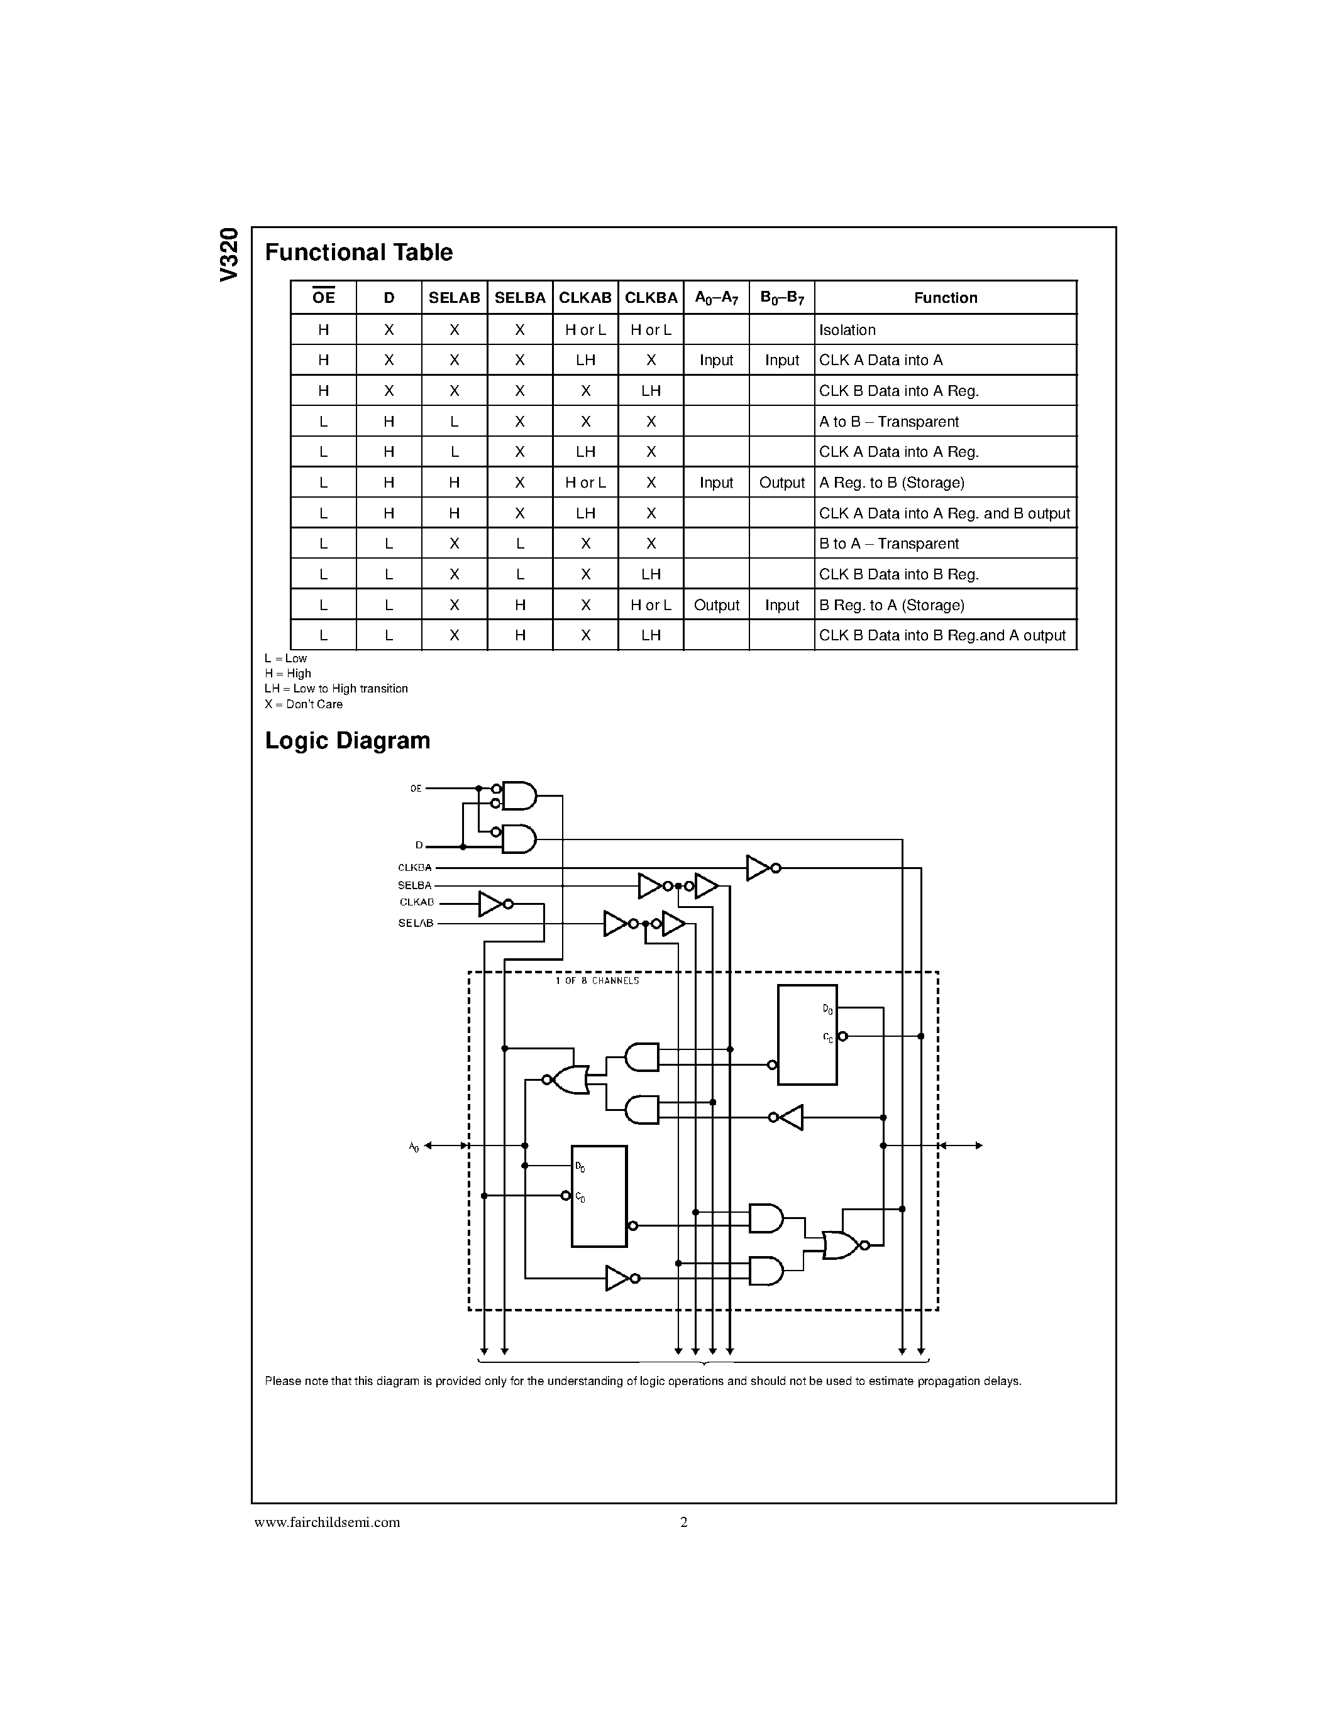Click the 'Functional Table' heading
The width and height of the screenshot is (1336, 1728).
(358, 253)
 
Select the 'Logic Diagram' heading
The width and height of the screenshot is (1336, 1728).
(348, 741)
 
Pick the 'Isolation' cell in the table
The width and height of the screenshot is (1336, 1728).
(847, 330)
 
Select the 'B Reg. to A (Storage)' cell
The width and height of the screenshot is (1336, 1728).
(892, 605)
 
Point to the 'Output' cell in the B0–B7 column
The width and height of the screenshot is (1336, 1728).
(781, 483)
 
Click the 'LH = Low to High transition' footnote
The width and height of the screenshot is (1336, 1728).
(336, 688)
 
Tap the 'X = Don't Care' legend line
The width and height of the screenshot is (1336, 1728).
(304, 704)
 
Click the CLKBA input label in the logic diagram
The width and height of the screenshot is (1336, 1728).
(415, 868)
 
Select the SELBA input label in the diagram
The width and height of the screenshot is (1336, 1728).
(415, 885)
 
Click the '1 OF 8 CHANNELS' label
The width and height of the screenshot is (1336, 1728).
(597, 981)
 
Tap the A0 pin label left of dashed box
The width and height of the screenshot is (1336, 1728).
(414, 1147)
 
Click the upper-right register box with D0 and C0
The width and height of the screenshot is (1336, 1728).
(807, 1034)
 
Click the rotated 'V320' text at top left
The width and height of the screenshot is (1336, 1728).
(229, 254)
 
